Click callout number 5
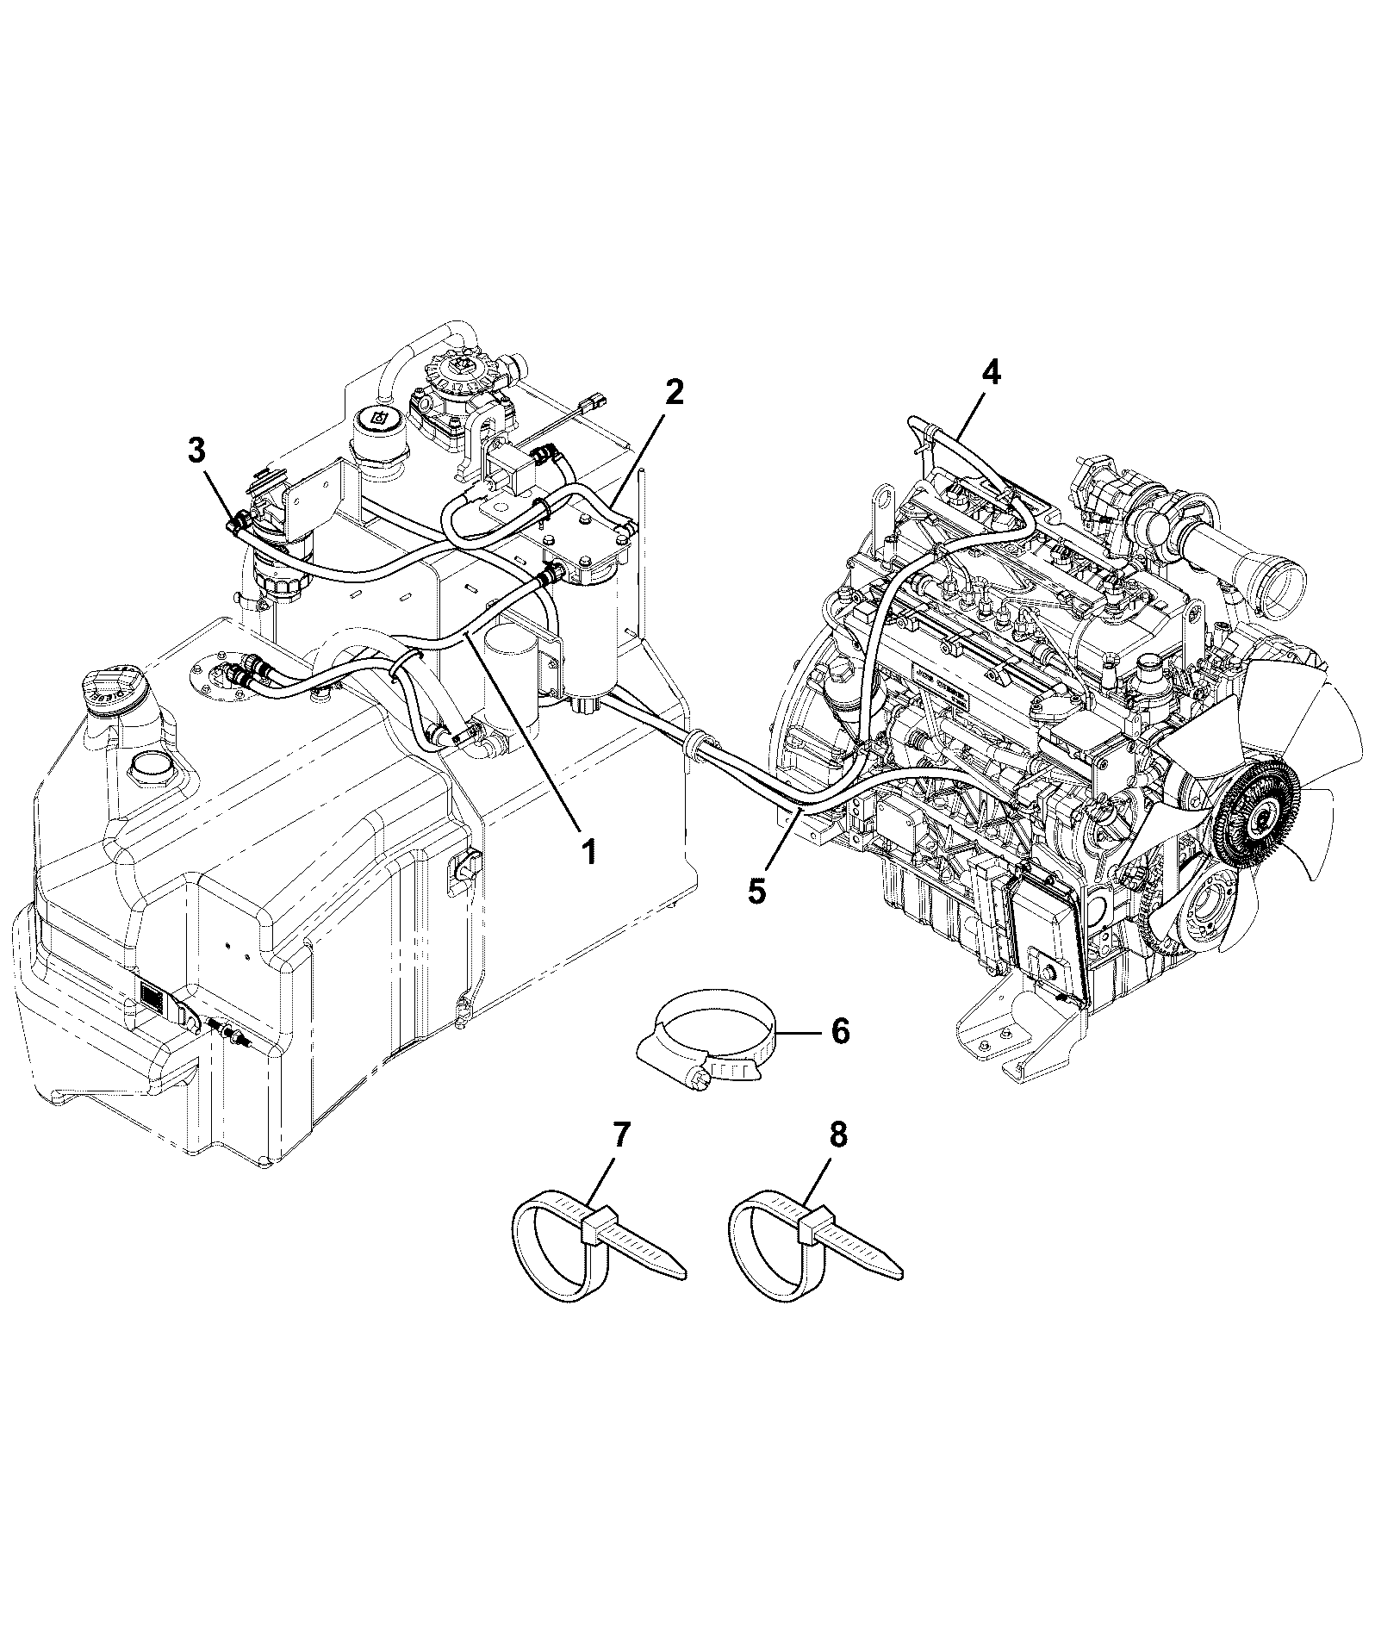click(x=756, y=891)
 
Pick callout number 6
click(x=840, y=1030)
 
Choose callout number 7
click(x=621, y=1135)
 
